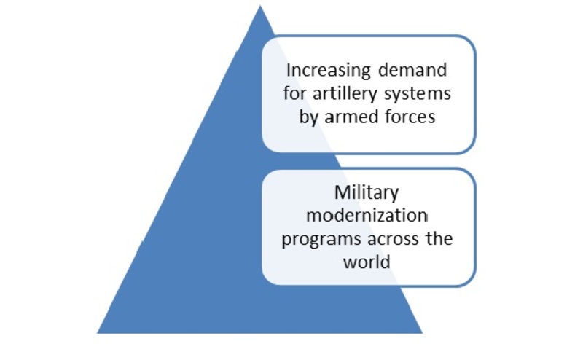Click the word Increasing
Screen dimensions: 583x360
(329, 71)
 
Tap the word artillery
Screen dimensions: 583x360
(345, 94)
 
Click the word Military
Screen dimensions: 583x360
(367, 193)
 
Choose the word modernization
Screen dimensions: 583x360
(367, 215)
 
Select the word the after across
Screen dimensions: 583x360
(439, 238)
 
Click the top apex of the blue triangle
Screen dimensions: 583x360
(260, 6)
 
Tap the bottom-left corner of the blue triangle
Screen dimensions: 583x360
(97, 333)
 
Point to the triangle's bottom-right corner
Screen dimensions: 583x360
(423, 333)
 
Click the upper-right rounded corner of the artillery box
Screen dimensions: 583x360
(469, 42)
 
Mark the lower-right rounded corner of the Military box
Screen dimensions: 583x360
(469, 280)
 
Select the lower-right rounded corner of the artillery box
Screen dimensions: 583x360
(469, 147)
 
